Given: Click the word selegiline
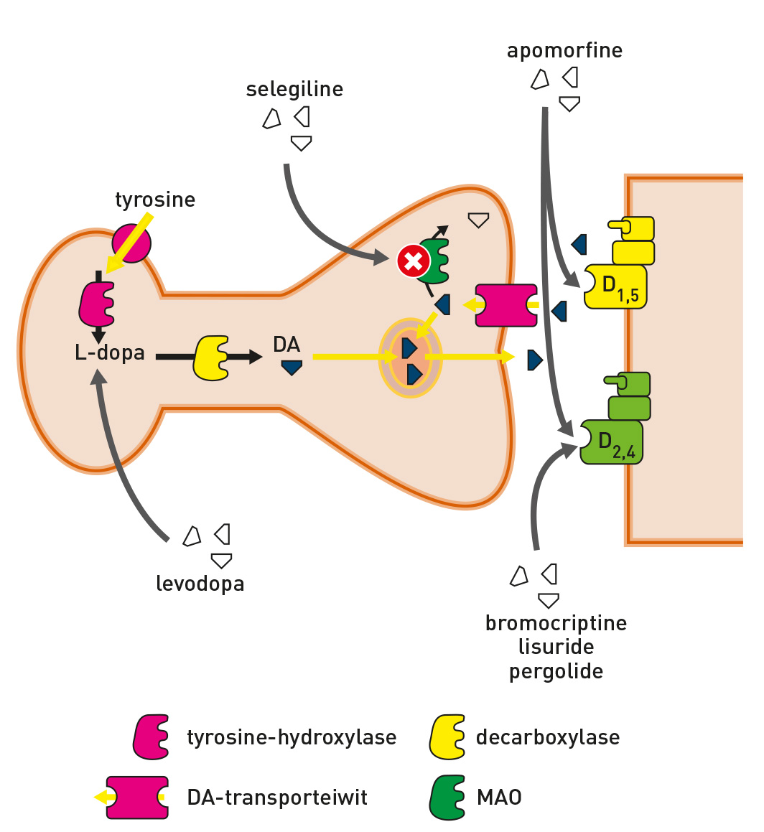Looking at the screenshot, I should pyautogui.click(x=294, y=90).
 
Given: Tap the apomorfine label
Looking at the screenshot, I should pyautogui.click(x=564, y=51).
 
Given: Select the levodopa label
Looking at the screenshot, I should pyautogui.click(x=200, y=584).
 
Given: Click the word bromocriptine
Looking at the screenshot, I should pyautogui.click(x=556, y=623).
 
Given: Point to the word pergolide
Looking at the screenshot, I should pyautogui.click(x=556, y=672).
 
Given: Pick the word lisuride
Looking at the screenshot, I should pyautogui.click(x=556, y=648).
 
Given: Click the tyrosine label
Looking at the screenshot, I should pyautogui.click(x=155, y=200).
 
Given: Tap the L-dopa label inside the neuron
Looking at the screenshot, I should pyautogui.click(x=110, y=353).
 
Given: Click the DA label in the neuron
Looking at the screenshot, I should pyautogui.click(x=286, y=345).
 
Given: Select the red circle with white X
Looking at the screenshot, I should pyautogui.click(x=412, y=261).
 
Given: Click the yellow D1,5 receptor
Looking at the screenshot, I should pyautogui.click(x=616, y=286).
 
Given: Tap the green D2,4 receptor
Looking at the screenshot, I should pyautogui.click(x=612, y=441).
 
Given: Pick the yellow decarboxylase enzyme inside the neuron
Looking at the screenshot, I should pyautogui.click(x=210, y=357).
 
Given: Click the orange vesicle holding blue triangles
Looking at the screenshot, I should pyautogui.click(x=410, y=357).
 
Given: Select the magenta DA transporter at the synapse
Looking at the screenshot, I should pyautogui.click(x=506, y=306).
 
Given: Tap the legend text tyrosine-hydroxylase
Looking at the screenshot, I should pyautogui.click(x=292, y=737).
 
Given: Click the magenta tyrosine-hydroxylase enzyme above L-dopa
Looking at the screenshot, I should pyautogui.click(x=97, y=304).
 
